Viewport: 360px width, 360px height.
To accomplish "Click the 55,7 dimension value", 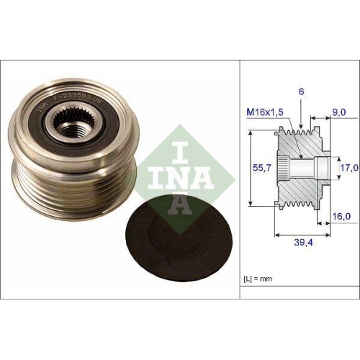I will click(x=261, y=168).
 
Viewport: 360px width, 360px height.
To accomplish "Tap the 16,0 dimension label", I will click(x=341, y=215).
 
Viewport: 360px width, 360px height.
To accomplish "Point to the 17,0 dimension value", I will click(x=348, y=168).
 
